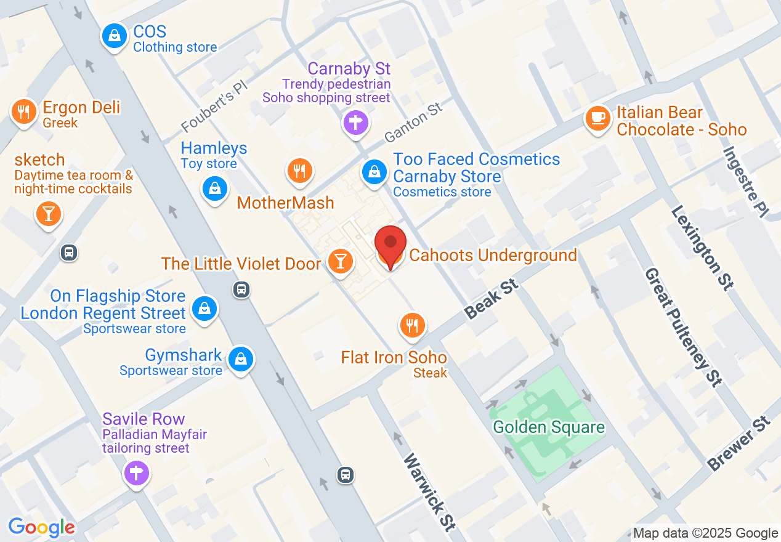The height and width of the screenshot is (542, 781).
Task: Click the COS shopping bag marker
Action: tap(115, 36)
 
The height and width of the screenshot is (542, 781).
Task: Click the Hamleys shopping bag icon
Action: tap(214, 188)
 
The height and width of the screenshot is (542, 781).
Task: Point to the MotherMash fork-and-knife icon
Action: tap(300, 171)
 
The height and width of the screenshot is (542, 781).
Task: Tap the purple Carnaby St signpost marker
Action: tap(355, 123)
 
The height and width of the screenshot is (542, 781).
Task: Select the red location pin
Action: tap(391, 244)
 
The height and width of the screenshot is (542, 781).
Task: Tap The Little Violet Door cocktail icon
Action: tap(339, 261)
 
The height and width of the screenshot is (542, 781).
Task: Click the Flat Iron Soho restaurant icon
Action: tap(412, 325)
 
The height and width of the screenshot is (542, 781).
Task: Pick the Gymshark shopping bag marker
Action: tap(241, 359)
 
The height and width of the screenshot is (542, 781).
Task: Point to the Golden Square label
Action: tap(549, 427)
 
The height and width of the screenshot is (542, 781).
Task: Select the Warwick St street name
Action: tap(429, 492)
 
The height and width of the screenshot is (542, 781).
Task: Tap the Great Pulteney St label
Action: tap(683, 326)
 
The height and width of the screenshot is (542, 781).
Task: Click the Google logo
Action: tap(42, 528)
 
